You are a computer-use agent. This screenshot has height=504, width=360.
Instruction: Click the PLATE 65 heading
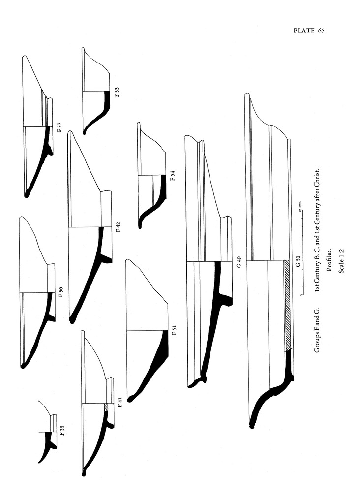click(x=309, y=31)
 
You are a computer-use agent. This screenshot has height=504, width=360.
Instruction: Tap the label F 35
click(x=62, y=432)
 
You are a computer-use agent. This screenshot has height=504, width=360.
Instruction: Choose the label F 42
click(x=118, y=227)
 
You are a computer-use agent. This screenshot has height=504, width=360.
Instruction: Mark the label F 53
click(x=117, y=92)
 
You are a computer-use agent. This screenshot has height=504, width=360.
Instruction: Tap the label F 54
click(x=172, y=176)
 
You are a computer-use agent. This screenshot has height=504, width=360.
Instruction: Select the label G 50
click(x=297, y=261)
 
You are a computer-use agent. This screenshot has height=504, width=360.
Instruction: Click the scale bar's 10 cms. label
click(x=299, y=207)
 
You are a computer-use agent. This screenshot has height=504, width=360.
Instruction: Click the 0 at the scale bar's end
click(x=299, y=294)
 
